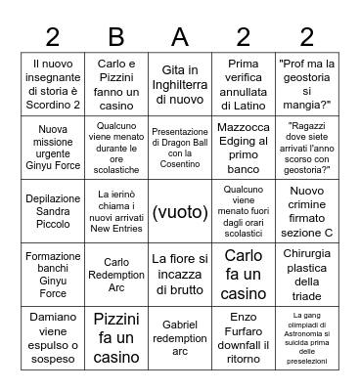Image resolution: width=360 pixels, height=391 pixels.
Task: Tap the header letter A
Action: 179,37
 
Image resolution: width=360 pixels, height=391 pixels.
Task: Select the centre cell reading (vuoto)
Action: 179,211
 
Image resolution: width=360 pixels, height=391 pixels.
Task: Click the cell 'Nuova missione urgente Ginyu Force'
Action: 53,148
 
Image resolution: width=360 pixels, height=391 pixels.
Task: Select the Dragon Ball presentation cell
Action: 179,148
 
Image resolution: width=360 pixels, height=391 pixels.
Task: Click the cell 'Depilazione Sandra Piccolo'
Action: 53,211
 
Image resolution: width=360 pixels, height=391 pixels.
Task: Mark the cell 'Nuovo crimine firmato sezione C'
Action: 306,211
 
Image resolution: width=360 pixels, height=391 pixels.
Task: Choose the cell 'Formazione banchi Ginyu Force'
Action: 53,275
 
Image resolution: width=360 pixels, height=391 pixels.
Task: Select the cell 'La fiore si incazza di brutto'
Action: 179,275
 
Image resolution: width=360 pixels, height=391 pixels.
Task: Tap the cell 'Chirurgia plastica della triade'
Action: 306,275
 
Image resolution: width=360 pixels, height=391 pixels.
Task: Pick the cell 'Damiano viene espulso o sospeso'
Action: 53,338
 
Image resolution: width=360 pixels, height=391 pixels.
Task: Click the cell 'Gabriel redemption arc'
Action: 179,338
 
